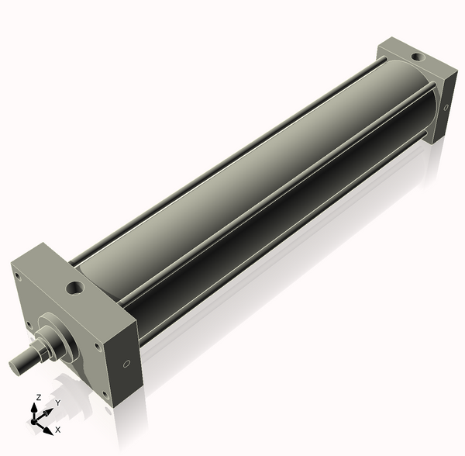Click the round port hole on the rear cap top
[x=417, y=57]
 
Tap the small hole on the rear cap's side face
[x=446, y=109]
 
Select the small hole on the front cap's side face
[x=126, y=362]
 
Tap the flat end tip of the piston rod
[x=13, y=363]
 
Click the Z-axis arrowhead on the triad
[x=35, y=406]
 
